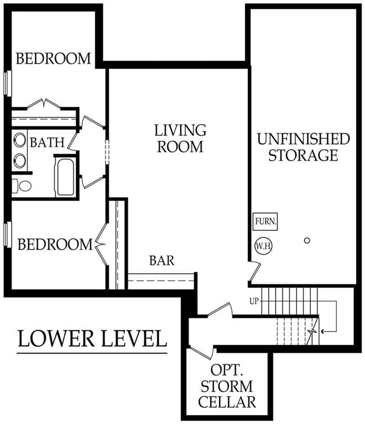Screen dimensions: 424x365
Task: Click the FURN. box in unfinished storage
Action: pyautogui.click(x=265, y=222)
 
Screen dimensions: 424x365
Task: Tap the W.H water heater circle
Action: pyautogui.click(x=262, y=245)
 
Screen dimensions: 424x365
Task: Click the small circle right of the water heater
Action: pyautogui.click(x=307, y=240)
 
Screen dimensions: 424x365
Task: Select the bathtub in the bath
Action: pyautogui.click(x=65, y=177)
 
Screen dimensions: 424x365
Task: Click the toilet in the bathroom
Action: pyautogui.click(x=23, y=185)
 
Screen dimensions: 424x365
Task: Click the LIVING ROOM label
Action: pyautogui.click(x=180, y=139)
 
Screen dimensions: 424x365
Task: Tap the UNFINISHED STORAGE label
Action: pyautogui.click(x=303, y=147)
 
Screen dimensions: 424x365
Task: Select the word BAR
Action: pyautogui.click(x=162, y=260)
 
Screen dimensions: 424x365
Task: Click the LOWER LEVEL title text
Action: pyautogui.click(x=92, y=338)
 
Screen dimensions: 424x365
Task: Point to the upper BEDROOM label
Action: pyautogui.click(x=53, y=58)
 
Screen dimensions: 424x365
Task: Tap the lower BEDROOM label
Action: pyautogui.click(x=55, y=244)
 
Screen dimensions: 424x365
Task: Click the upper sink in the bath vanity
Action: pyautogui.click(x=20, y=140)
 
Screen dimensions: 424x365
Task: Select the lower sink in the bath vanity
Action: pyautogui.click(x=20, y=161)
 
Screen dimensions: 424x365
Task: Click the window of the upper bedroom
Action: pyautogui.click(x=8, y=83)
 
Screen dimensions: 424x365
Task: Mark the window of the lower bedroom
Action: pyautogui.click(x=8, y=234)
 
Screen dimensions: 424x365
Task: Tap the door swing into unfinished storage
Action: pyautogui.click(x=255, y=271)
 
